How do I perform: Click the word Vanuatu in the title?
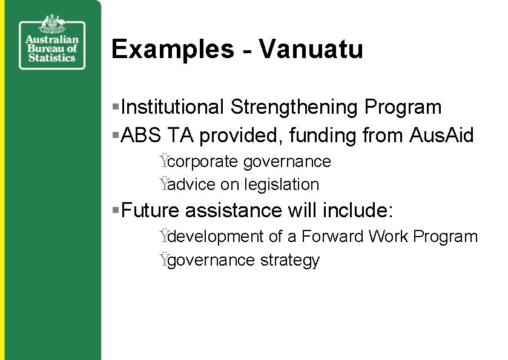coord(311,49)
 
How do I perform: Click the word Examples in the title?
coord(173,49)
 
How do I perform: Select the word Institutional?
coord(173,107)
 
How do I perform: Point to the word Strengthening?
coord(294,107)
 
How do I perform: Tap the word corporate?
coord(203,162)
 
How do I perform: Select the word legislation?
coord(282,184)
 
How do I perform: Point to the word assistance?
coord(234,211)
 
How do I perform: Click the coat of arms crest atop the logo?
coord(52,24)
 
